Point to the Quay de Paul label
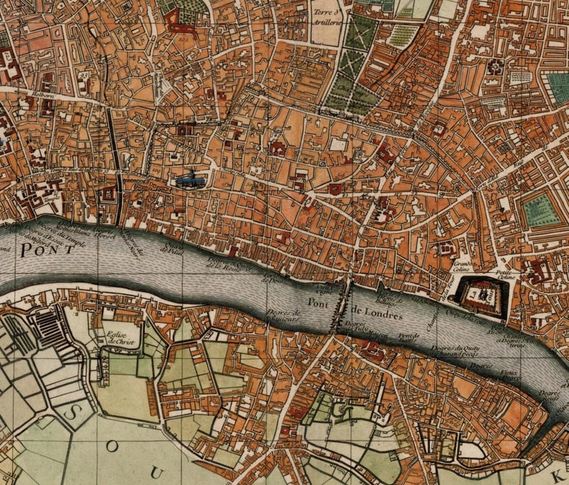tap(172, 249)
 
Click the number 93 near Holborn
tap(84, 75)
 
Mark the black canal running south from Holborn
tap(114, 165)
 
